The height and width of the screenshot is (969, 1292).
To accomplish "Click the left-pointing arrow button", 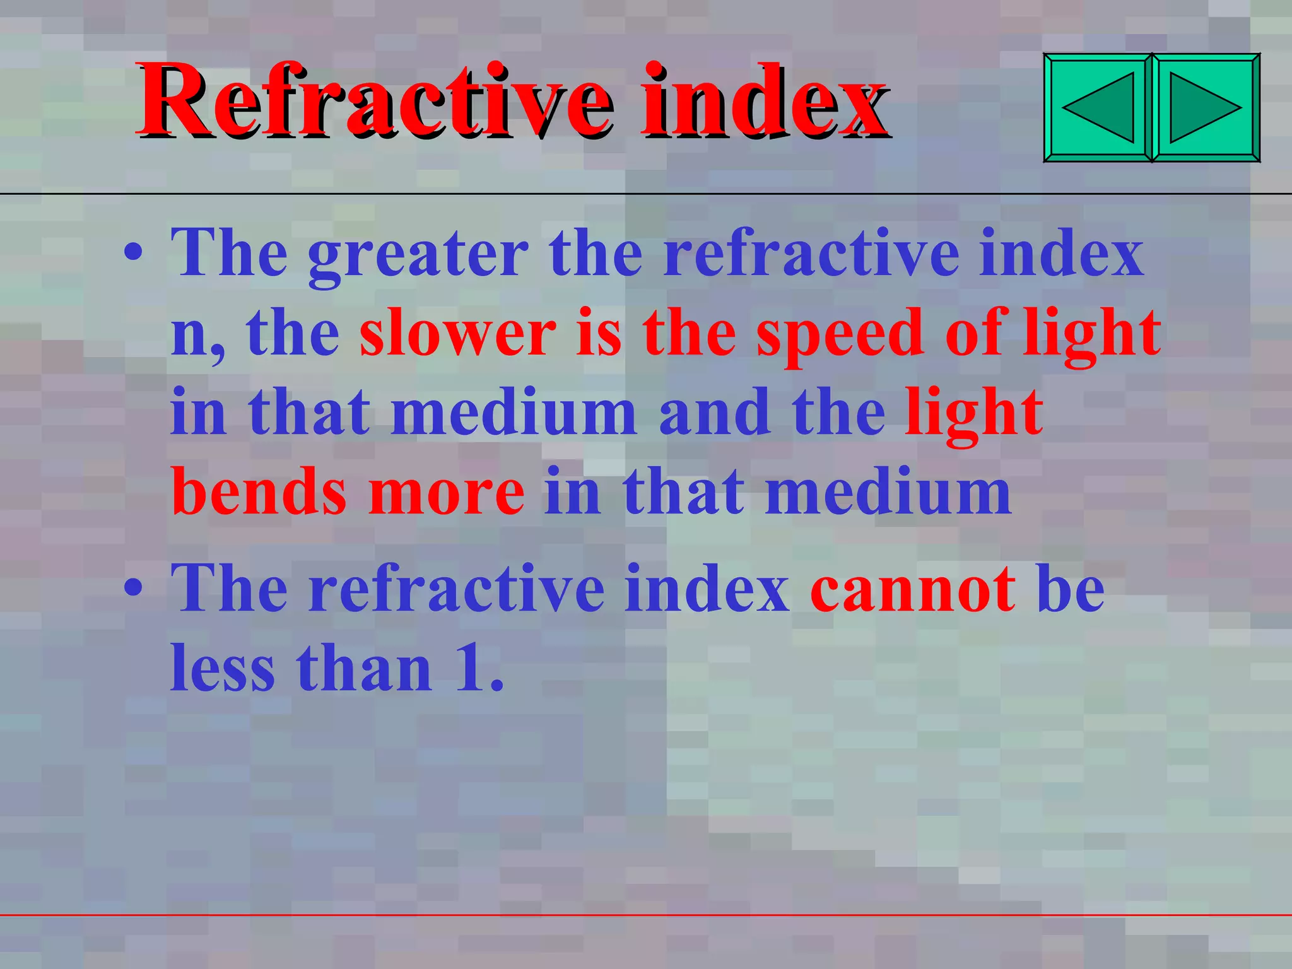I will (x=1098, y=107).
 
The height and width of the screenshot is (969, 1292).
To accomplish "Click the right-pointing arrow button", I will (x=1206, y=107).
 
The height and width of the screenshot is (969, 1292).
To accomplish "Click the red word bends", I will (x=259, y=492).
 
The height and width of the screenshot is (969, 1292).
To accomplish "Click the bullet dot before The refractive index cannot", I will (x=133, y=588).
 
